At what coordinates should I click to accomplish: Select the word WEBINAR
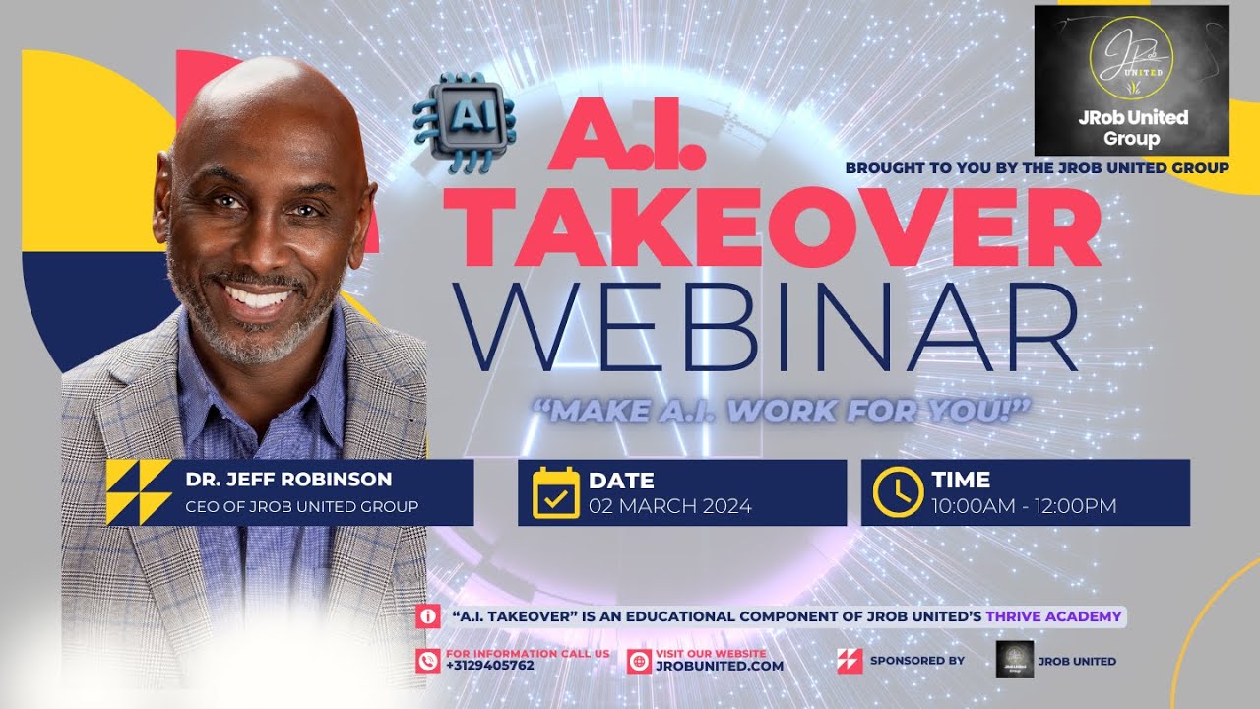tap(777, 327)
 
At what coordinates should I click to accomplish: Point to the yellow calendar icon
tap(556, 492)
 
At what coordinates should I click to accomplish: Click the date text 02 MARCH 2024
tap(670, 506)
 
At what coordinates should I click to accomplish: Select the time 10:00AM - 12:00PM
tap(1025, 506)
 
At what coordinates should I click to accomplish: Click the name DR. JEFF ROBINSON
tap(288, 481)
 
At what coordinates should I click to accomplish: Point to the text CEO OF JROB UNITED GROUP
tap(302, 506)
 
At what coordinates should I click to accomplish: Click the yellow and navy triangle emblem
tap(139, 492)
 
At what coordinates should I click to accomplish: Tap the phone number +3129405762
tap(490, 666)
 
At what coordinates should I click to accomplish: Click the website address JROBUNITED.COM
tap(720, 666)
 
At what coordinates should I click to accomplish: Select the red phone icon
tap(428, 661)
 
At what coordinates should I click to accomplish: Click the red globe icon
tap(639, 661)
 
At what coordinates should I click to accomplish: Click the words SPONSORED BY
tap(916, 660)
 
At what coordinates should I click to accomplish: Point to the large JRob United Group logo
tap(1131, 80)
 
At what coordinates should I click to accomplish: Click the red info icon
tap(428, 616)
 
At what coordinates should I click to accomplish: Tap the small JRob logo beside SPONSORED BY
tap(1015, 660)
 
